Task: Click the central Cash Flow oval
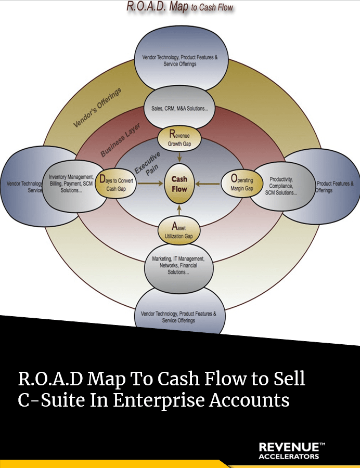tap(179, 184)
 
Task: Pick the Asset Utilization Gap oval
tap(179, 230)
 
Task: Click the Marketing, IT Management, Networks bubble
tap(178, 265)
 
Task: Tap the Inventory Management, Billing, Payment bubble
tap(72, 184)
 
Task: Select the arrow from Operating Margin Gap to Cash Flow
tap(208, 184)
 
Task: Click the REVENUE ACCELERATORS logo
tap(291, 451)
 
